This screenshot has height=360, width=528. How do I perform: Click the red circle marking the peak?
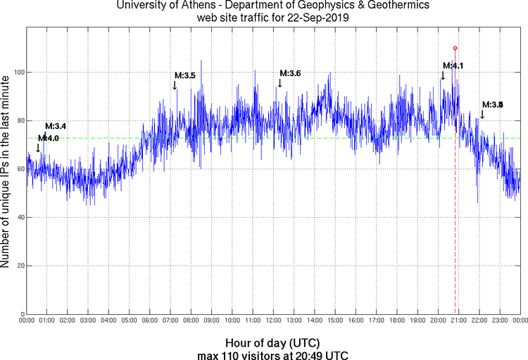(455, 48)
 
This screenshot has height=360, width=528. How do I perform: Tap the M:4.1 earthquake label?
(453, 66)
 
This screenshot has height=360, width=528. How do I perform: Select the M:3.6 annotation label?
(290, 73)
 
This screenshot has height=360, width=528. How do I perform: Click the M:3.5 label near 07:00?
(184, 75)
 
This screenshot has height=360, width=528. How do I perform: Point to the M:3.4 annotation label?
(56, 126)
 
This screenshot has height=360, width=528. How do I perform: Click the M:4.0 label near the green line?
(49, 139)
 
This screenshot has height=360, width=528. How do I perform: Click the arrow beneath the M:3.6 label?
(279, 83)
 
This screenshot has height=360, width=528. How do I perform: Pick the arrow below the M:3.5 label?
(175, 85)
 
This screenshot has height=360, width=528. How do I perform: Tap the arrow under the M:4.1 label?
(443, 75)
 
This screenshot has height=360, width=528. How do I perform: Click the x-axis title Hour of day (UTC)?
(273, 342)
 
